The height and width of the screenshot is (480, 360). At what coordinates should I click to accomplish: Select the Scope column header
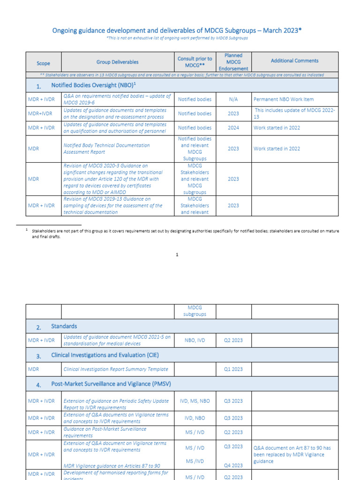pyautogui.click(x=43, y=63)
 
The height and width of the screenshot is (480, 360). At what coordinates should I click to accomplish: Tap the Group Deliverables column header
pyautogui.click(x=118, y=62)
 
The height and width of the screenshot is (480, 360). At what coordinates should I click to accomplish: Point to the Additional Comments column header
pyautogui.click(x=294, y=60)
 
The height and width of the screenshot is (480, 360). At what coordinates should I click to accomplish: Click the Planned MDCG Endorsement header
pyautogui.click(x=233, y=62)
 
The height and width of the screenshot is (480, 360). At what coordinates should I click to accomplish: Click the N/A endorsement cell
pyautogui.click(x=233, y=99)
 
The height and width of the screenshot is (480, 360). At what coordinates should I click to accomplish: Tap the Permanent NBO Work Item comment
pyautogui.click(x=284, y=99)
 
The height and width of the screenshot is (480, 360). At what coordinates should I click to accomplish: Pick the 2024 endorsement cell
pyautogui.click(x=233, y=127)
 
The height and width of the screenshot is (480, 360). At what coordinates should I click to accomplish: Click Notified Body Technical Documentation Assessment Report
pyautogui.click(x=106, y=149)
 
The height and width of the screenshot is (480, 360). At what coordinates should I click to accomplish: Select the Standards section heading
pyautogui.click(x=64, y=326)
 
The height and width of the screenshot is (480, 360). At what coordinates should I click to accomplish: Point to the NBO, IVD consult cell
pyautogui.click(x=195, y=340)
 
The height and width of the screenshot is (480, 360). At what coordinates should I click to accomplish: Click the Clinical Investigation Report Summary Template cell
pyautogui.click(x=115, y=369)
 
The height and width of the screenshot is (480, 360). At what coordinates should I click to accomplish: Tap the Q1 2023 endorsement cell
pyautogui.click(x=233, y=369)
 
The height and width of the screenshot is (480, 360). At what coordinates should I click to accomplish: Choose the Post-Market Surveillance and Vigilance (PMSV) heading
pyautogui.click(x=111, y=384)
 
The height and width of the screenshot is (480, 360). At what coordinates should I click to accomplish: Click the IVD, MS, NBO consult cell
pyautogui.click(x=195, y=401)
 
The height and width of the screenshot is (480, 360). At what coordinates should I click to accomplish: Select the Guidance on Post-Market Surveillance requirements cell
pyautogui.click(x=105, y=432)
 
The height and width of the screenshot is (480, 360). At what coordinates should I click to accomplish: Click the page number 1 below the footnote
pyautogui.click(x=177, y=255)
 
